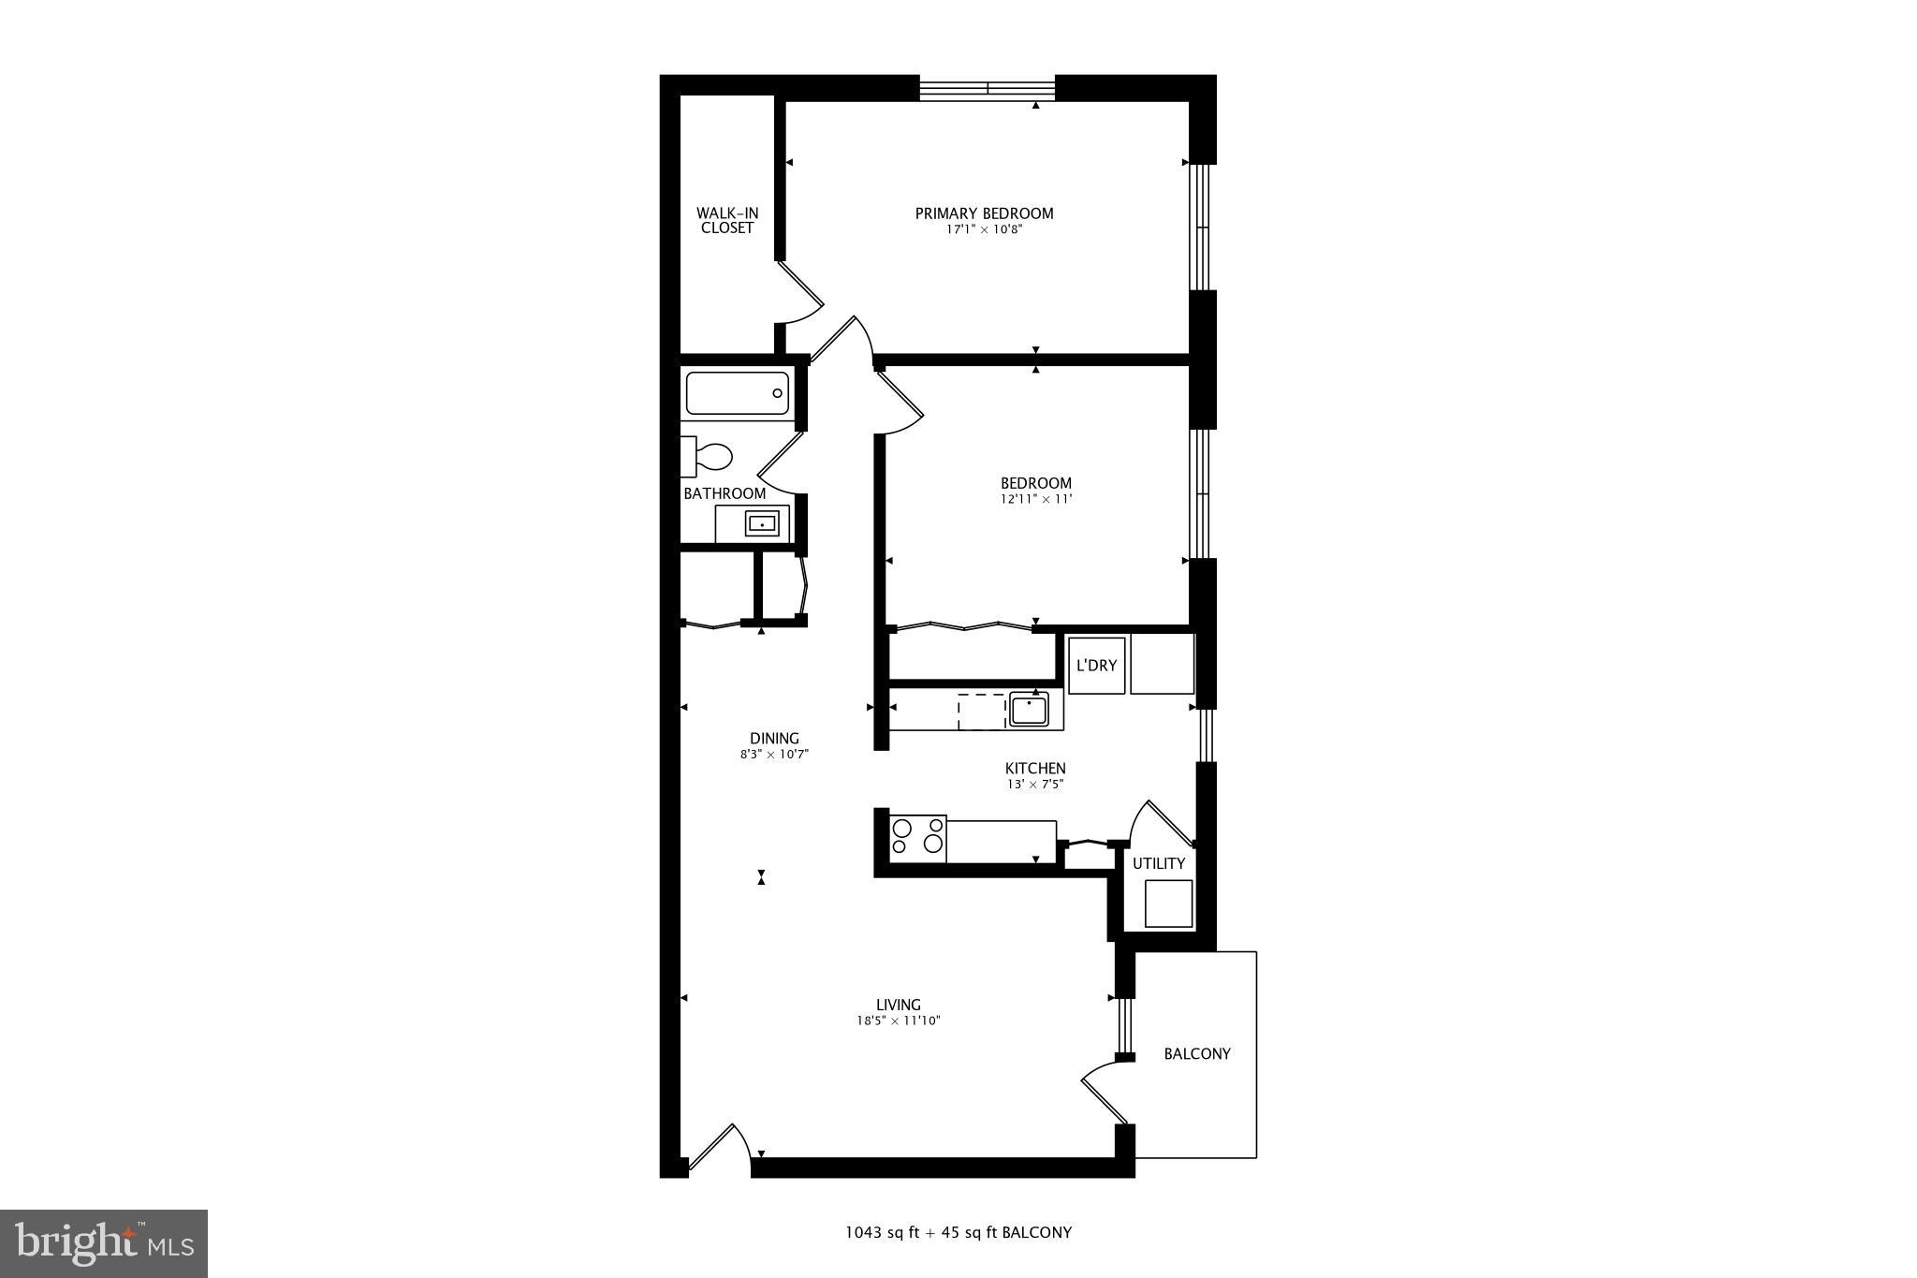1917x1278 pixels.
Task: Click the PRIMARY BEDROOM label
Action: click(984, 213)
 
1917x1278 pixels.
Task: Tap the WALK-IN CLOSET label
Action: click(727, 221)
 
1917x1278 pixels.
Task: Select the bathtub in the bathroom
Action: click(738, 393)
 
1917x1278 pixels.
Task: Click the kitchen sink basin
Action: click(1029, 710)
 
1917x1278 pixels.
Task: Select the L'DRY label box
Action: click(1096, 666)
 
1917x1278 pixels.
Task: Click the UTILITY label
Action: click(1159, 863)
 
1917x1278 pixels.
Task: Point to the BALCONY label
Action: click(1196, 1053)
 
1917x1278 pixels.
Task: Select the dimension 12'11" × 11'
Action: click(1035, 499)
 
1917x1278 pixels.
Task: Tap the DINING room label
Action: click(774, 738)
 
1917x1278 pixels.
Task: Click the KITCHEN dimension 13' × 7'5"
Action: click(1035, 785)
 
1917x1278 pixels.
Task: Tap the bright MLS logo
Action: click(104, 1243)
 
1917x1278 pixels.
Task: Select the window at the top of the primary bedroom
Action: click(988, 89)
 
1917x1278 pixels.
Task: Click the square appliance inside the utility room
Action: click(1168, 903)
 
